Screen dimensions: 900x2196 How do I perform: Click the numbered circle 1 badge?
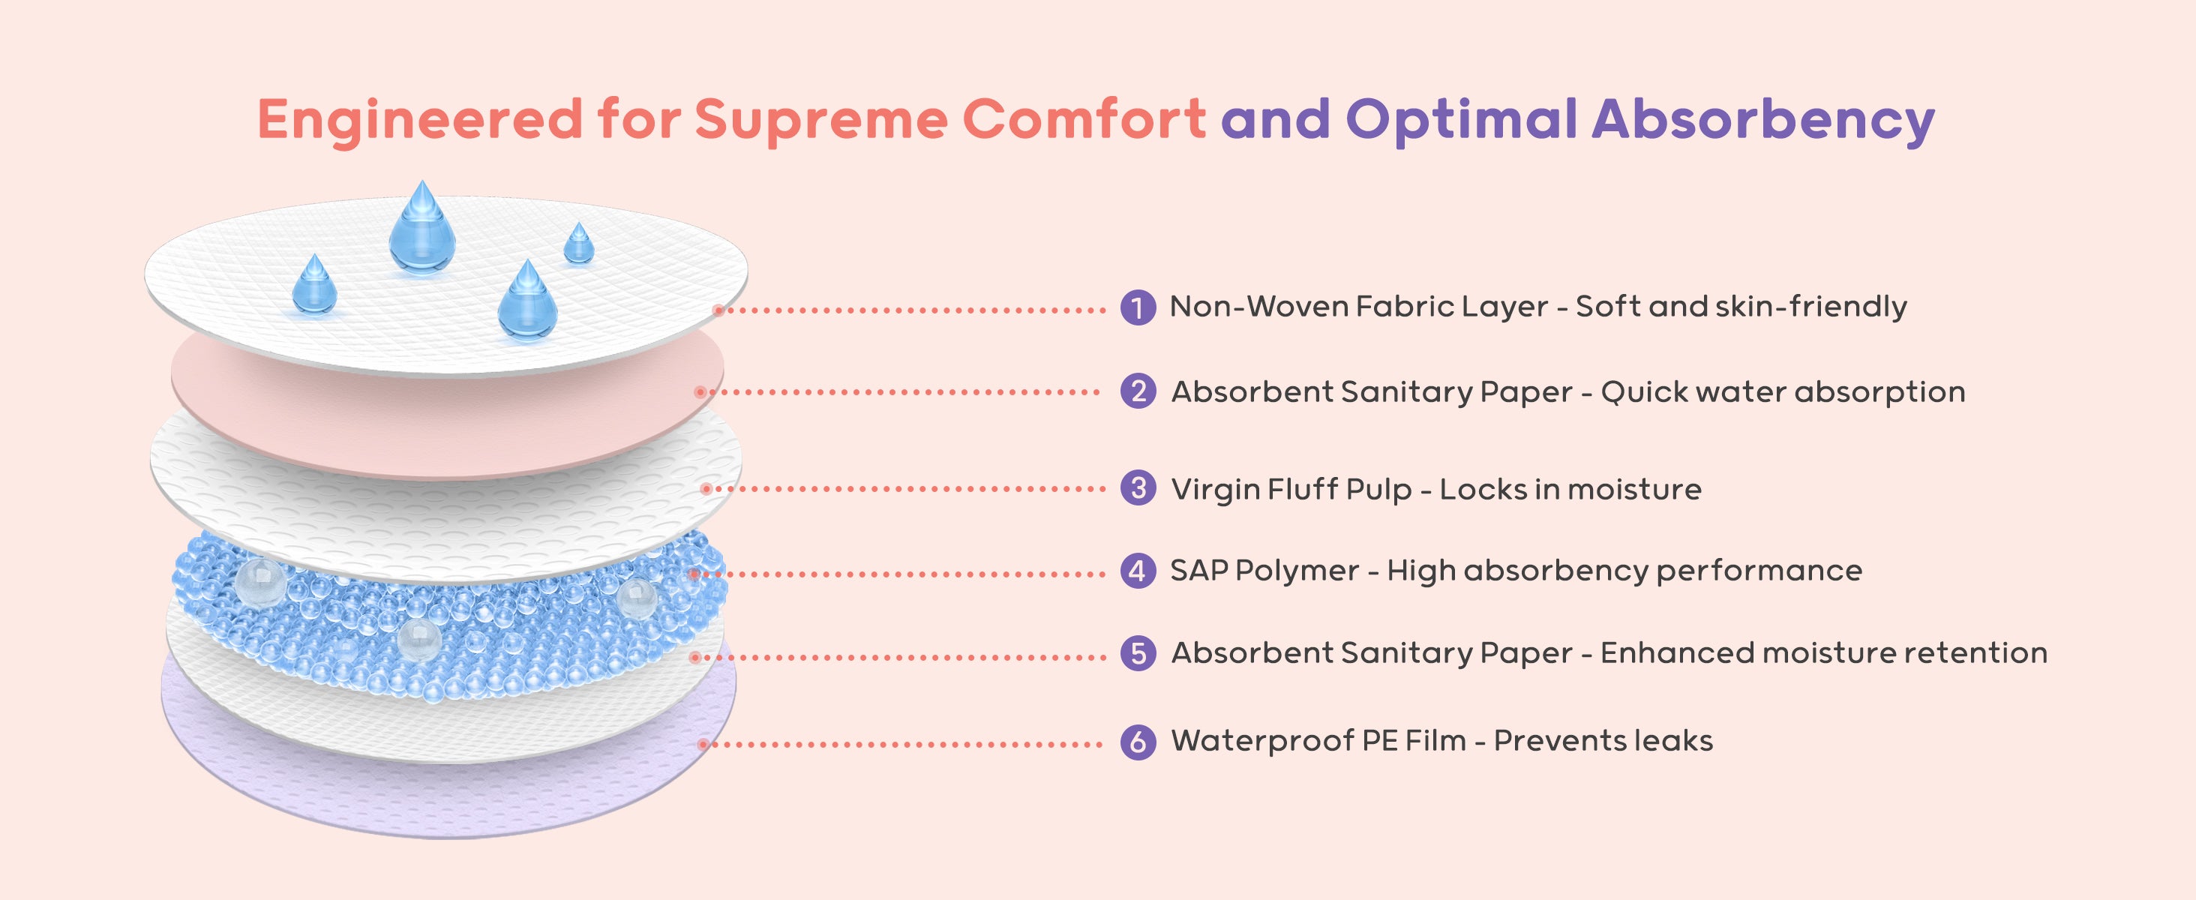1137,307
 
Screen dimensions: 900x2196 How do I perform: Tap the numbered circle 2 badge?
1137,391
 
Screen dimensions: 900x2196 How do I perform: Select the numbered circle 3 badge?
1137,488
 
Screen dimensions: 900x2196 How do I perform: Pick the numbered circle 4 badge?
1137,570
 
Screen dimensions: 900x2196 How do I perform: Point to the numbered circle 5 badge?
1137,654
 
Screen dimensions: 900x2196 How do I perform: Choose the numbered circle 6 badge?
1137,741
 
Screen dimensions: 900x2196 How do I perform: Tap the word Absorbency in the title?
1763,119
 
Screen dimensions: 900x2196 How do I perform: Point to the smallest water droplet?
579,244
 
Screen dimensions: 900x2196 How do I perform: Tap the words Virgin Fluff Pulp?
1291,489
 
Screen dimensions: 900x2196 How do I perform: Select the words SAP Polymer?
1264,570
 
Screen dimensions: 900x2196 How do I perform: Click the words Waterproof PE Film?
1318,741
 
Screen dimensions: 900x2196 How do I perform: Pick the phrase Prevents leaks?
1603,741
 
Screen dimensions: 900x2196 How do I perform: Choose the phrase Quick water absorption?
1783,392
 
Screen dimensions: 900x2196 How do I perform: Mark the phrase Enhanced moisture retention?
1823,652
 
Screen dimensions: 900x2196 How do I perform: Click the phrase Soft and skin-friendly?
1741,306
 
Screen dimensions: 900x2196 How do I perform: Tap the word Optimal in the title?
1461,119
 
